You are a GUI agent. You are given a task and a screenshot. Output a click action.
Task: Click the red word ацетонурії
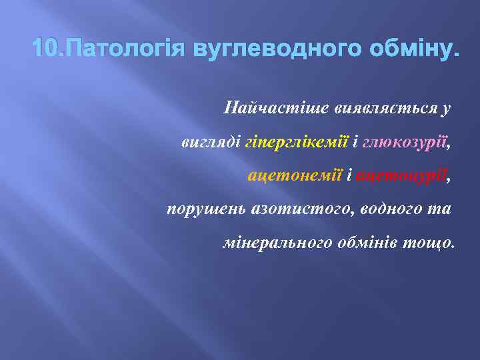click(403, 176)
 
